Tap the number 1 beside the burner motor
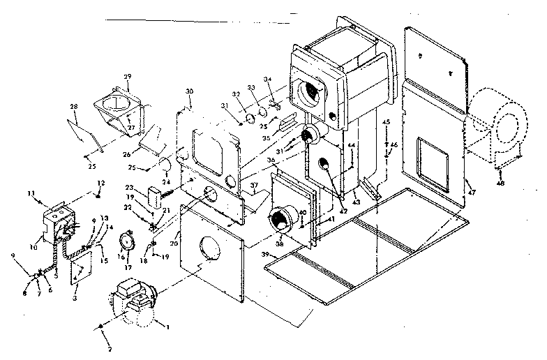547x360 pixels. click(x=166, y=323)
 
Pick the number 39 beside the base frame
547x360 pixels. click(x=266, y=256)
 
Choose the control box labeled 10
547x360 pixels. click(x=59, y=220)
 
